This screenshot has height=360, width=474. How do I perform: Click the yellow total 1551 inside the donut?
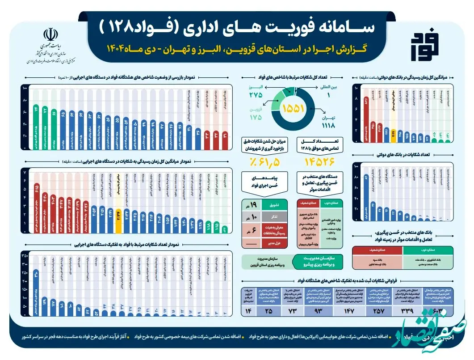[293, 108]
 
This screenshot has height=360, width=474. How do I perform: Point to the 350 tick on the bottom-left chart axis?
[25, 255]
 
